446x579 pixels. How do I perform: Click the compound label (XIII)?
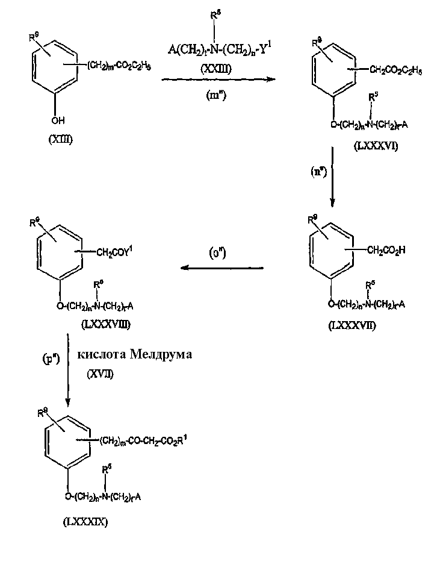click(60, 140)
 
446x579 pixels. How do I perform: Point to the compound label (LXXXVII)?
click(352, 325)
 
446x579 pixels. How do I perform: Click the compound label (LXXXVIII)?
click(105, 324)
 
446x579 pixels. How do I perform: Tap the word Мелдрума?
click(160, 355)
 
